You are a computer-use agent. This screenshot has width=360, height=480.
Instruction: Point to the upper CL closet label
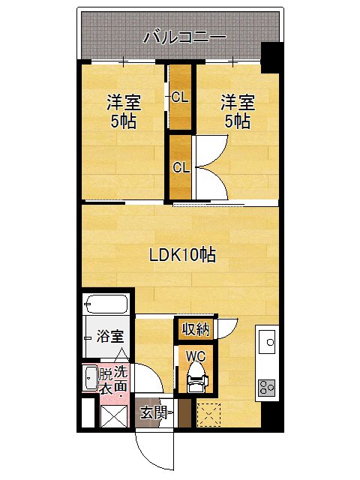pyautogui.click(x=180, y=97)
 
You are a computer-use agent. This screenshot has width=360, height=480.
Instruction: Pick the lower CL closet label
pyautogui.click(x=180, y=168)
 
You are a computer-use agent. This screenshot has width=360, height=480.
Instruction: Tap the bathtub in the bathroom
pyautogui.click(x=106, y=305)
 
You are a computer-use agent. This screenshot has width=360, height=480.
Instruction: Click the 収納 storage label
pyautogui.click(x=195, y=329)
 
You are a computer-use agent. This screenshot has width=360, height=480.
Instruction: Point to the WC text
pyautogui.click(x=195, y=356)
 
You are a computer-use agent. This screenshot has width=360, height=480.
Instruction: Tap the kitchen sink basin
pyautogui.click(x=268, y=342)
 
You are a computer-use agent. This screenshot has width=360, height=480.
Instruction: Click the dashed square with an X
pyautogui.click(x=208, y=413)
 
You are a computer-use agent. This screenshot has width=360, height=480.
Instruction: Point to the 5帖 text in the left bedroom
pyautogui.click(x=124, y=121)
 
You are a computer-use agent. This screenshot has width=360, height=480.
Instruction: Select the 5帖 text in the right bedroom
pyautogui.click(x=238, y=121)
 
